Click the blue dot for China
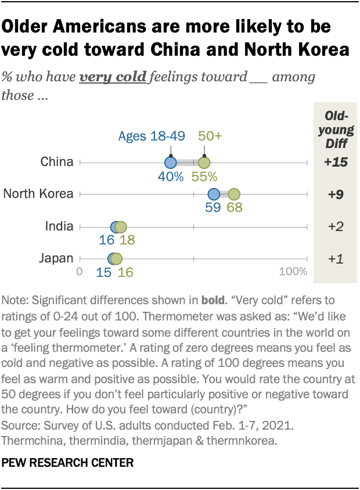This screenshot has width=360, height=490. [170, 163]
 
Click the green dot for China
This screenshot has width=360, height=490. [204, 163]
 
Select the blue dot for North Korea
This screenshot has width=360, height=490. [214, 194]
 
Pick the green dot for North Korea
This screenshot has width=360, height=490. [234, 194]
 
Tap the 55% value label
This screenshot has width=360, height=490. [204, 176]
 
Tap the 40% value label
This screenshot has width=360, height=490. [171, 176]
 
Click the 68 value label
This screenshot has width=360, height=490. [235, 207]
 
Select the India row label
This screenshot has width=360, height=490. [59, 226]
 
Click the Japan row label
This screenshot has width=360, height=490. [57, 258]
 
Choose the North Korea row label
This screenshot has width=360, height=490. [38, 194]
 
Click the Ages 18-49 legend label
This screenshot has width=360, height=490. [152, 136]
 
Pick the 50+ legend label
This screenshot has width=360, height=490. [211, 136]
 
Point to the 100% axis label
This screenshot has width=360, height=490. [293, 272]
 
